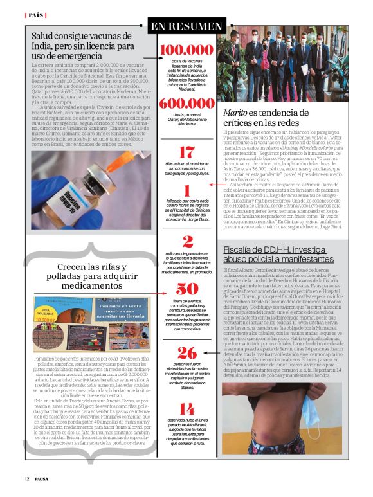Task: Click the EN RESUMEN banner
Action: click(x=186, y=26)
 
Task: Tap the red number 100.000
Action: click(x=186, y=50)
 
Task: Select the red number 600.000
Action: click(x=186, y=104)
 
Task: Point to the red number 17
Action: click(x=186, y=152)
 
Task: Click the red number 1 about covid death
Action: click(x=186, y=191)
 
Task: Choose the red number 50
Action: click(x=186, y=289)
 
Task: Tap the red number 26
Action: click(x=186, y=352)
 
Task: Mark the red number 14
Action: click(x=186, y=409)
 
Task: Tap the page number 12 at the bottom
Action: click(x=27, y=478)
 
